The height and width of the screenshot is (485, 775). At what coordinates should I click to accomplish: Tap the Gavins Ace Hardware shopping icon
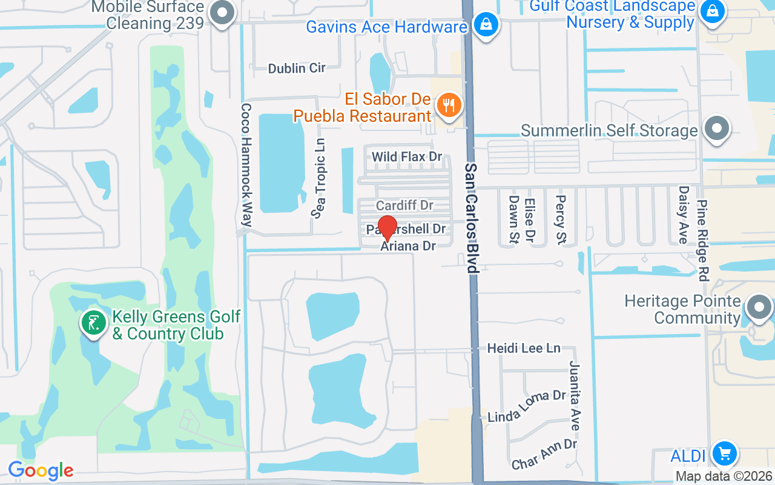tap(486, 25)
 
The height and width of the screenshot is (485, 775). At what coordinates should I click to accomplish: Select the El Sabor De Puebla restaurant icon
tap(449, 106)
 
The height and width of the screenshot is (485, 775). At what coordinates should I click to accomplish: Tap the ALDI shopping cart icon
tap(724, 453)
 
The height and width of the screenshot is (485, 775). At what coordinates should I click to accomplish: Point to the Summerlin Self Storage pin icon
tap(717, 129)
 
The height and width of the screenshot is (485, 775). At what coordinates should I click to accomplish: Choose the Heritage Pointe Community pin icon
tap(758, 308)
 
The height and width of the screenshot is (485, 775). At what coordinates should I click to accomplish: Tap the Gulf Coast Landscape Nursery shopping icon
tap(713, 11)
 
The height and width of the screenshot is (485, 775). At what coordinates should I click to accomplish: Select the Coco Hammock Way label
tap(246, 164)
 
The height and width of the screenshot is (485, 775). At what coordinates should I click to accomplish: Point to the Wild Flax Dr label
tap(407, 157)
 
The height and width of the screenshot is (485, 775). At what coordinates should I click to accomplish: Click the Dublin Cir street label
tap(297, 68)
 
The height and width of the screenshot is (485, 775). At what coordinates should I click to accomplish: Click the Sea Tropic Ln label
tap(320, 178)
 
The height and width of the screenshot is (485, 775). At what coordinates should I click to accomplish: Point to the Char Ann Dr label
tap(544, 453)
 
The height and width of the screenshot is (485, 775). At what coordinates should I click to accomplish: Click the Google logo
tap(41, 470)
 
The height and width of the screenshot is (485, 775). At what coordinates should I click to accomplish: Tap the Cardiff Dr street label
tap(404, 206)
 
